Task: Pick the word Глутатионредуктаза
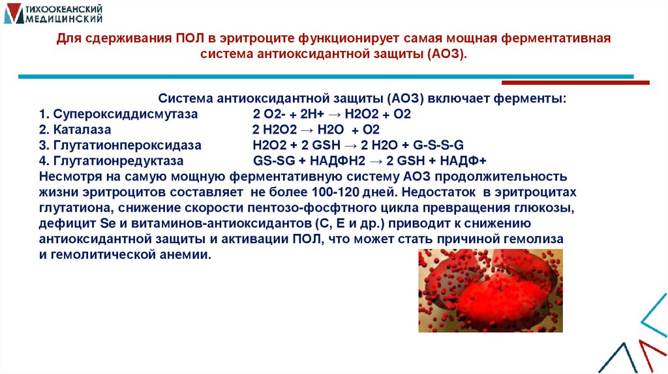coord(118,160)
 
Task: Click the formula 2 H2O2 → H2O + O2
coord(316,129)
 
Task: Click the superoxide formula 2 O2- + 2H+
coord(286,114)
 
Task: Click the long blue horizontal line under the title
coord(326,77)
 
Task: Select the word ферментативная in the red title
coord(555,38)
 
